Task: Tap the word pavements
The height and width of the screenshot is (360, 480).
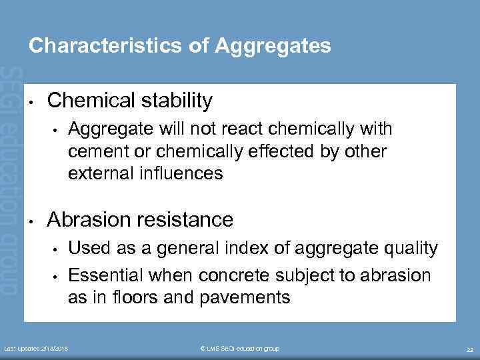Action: coord(243,297)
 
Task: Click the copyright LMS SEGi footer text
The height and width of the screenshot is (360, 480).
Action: coord(239,349)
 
